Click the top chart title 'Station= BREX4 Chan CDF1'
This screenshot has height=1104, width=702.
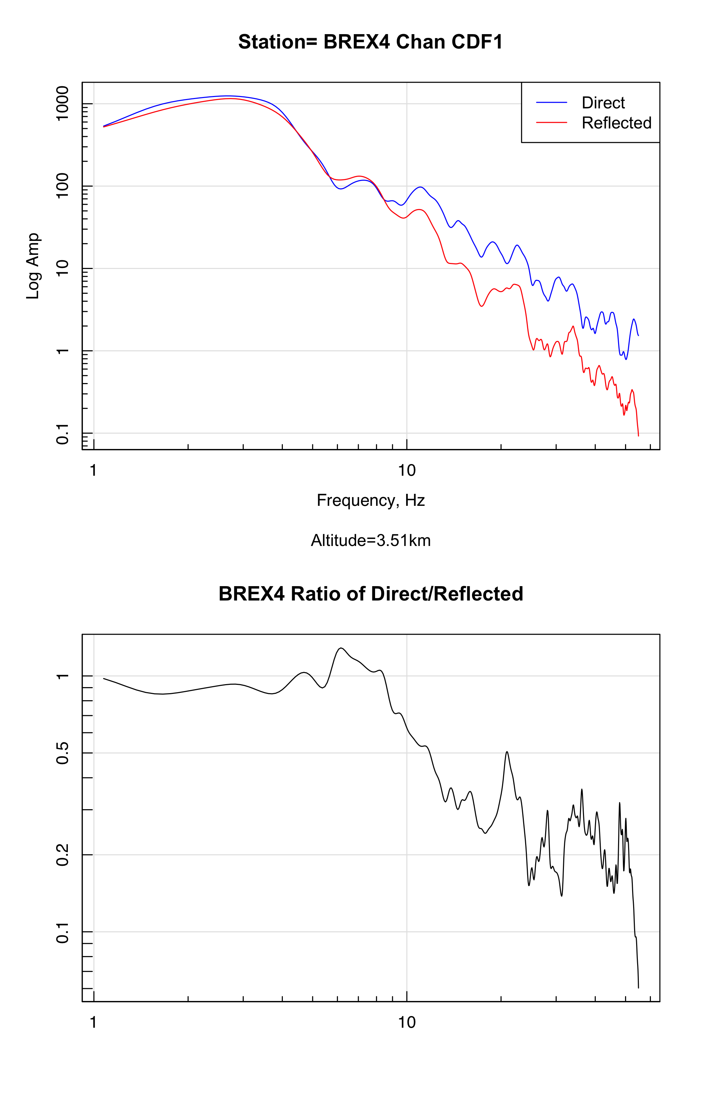pos(370,42)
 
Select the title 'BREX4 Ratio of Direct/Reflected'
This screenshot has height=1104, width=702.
pos(370,594)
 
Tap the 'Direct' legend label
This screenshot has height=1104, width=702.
pos(603,103)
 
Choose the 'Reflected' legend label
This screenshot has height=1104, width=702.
pos(616,123)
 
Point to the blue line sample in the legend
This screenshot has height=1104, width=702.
pos(551,102)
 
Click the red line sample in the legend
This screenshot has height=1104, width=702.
pos(551,122)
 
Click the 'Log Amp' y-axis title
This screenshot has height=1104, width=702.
pos(33,266)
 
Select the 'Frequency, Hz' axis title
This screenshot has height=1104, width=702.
pos(370,500)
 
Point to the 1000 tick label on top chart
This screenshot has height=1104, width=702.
pos(62,104)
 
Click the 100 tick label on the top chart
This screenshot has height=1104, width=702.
pos(62,186)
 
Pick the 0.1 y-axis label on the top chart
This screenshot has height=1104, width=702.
pos(62,434)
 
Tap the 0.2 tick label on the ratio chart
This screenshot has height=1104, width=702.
pos(62,854)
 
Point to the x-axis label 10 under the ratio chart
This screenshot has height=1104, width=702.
pos(406,1022)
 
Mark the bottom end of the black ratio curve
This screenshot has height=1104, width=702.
pos(638,988)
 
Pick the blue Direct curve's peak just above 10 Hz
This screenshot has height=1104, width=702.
pos(420,187)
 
